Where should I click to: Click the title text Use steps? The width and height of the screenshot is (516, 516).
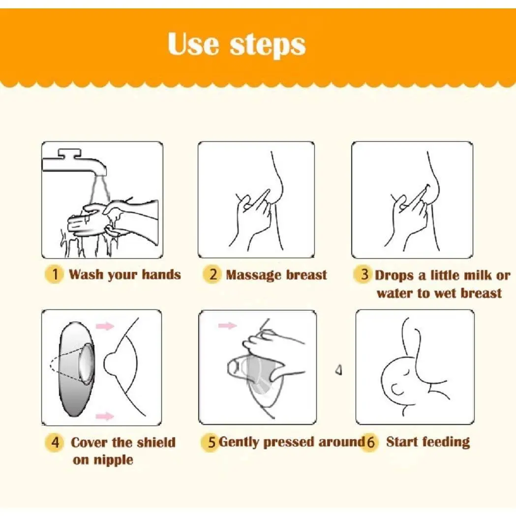(237, 44)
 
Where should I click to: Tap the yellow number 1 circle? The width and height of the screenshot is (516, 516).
(55, 274)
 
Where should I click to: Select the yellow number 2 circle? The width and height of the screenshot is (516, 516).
(212, 274)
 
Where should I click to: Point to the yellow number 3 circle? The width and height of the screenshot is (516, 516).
(364, 274)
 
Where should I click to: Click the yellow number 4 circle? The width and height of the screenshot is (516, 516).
(55, 442)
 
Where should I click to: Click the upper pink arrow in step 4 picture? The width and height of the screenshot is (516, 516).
(105, 326)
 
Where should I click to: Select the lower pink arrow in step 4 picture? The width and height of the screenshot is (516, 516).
(105, 416)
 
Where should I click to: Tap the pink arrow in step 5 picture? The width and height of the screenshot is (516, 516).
(228, 326)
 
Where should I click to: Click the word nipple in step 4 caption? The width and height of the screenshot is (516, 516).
(113, 460)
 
